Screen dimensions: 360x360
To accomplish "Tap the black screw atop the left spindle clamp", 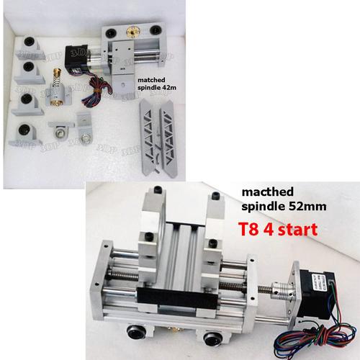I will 153,191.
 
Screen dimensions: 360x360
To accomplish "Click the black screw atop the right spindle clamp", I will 212,194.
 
